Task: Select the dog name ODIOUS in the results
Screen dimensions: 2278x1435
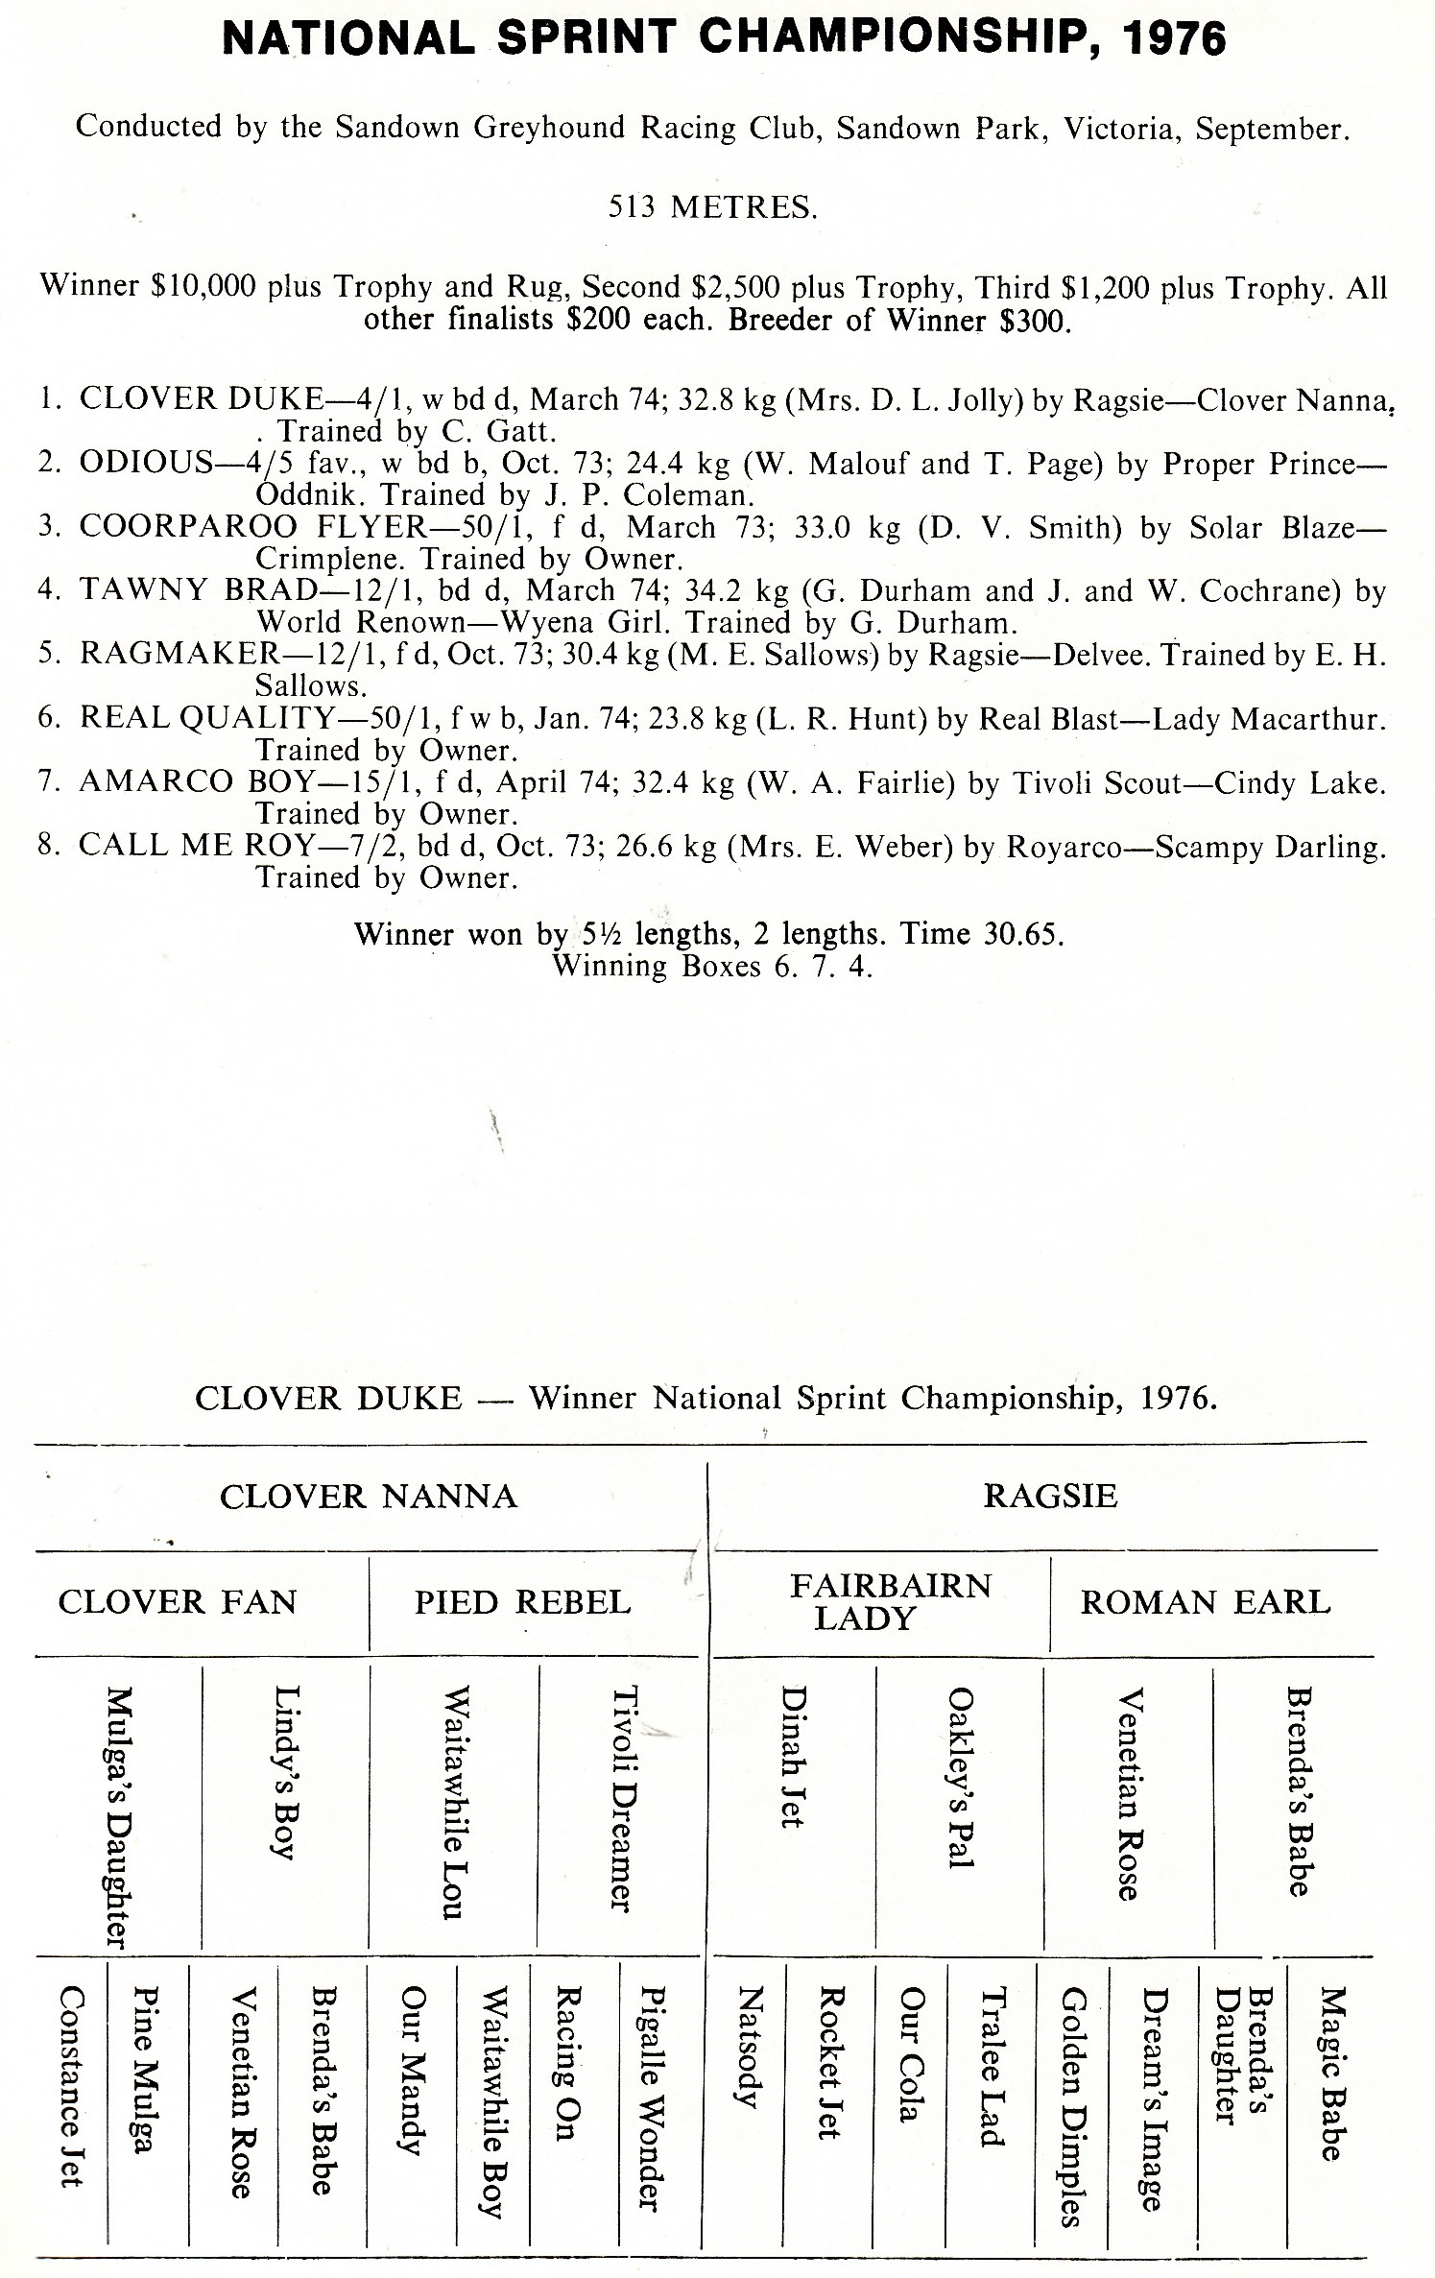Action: [145, 463]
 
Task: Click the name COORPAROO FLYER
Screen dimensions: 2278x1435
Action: [253, 527]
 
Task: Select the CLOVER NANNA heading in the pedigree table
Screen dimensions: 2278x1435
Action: [369, 1496]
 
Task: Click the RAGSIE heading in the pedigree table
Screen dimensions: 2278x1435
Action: [1050, 1496]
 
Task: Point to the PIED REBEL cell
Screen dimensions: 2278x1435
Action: [523, 1601]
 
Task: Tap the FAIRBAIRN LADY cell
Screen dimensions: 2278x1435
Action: [890, 1601]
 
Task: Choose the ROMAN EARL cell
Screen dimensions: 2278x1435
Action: [1206, 1601]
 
